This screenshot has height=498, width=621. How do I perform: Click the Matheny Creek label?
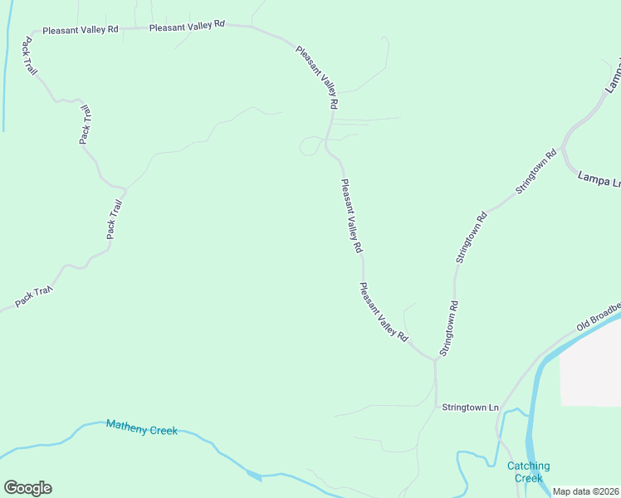141,427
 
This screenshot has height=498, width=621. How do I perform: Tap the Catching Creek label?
529,471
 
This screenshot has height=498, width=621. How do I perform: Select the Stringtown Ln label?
470,408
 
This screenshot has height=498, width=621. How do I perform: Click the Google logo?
27,488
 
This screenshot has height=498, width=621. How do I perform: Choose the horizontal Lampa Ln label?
599,178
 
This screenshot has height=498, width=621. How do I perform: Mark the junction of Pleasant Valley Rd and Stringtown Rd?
434,359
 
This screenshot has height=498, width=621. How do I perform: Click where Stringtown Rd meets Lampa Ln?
562,149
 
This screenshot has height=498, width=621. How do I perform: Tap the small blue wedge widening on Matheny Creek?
254,476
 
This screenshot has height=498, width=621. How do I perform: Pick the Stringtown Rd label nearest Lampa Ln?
535,172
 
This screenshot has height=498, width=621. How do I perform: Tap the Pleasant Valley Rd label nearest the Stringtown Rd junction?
384,313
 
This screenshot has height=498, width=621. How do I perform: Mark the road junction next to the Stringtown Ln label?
435,407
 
